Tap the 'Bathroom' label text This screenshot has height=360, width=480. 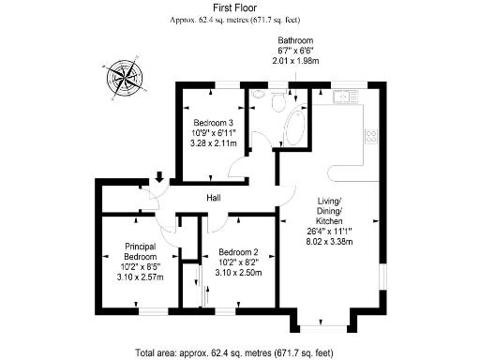tap(295, 41)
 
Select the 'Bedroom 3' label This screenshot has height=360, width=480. tap(214, 124)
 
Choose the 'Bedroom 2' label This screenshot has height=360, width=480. tap(238, 252)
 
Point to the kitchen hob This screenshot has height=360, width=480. tap(370, 137)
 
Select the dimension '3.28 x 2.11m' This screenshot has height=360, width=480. tap(214, 144)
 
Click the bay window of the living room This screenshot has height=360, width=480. tap(322, 327)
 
